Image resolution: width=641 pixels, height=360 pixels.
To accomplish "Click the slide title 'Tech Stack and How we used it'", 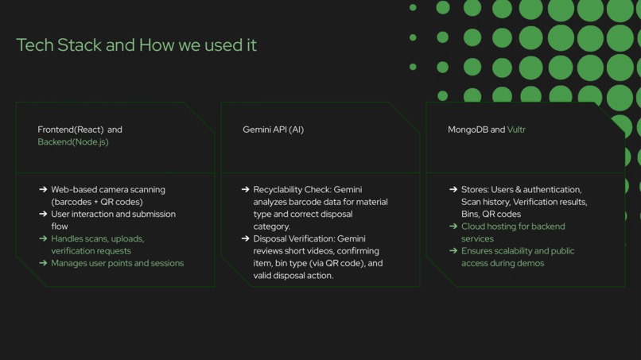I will (136, 45).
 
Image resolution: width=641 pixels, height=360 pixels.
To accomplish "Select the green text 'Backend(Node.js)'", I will (73, 142).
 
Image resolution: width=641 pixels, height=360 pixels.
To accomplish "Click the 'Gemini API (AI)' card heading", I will (273, 130).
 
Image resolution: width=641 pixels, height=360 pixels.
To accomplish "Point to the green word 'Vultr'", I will (516, 130).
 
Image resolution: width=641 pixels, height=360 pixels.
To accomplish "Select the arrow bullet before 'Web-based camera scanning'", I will (43, 190).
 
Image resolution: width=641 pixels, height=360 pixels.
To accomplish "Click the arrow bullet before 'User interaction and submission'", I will (43, 215).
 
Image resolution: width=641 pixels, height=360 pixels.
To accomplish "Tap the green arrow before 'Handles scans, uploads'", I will (43, 238).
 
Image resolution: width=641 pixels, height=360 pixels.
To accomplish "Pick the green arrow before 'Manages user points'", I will (43, 263).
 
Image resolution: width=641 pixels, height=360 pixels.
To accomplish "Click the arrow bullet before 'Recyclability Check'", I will (245, 190).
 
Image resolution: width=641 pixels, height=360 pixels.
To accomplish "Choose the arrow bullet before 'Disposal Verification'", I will (245, 238).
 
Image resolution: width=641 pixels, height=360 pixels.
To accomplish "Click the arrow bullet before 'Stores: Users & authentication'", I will (453, 190).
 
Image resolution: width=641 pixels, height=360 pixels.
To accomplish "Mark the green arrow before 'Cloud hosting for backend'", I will (453, 226).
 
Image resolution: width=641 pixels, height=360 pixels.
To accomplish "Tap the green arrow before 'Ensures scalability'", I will (453, 251).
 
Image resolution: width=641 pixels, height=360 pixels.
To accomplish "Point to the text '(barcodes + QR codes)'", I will (97, 202).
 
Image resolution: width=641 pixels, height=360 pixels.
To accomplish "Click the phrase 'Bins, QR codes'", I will (491, 215).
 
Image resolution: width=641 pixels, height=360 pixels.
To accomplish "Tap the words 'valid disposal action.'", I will (293, 276).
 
